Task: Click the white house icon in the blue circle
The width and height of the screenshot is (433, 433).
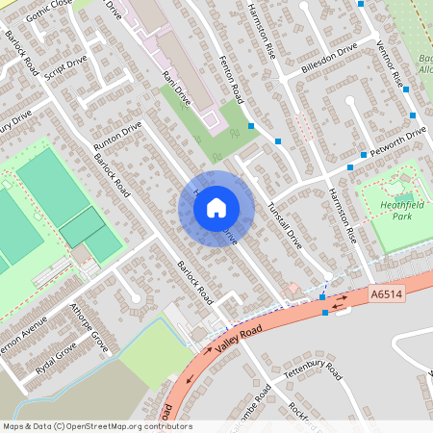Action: click(x=216, y=207)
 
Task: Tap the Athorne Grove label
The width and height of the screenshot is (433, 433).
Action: click(x=90, y=327)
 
